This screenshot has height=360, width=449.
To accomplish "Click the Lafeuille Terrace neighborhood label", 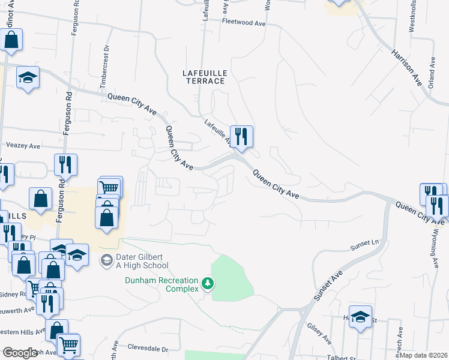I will click(x=205, y=77).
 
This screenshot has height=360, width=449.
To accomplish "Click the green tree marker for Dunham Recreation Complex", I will click(x=208, y=283).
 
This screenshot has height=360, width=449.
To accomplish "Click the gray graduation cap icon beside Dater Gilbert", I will click(x=106, y=260).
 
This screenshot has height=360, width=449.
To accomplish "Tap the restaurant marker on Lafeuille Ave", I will click(x=241, y=137).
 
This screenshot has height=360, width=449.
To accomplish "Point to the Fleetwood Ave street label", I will click(x=243, y=22).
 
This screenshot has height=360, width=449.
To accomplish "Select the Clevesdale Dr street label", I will click(x=149, y=348).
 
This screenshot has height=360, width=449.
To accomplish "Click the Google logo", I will click(x=20, y=353).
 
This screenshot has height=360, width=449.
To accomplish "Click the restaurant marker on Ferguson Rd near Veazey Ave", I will click(x=65, y=164).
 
